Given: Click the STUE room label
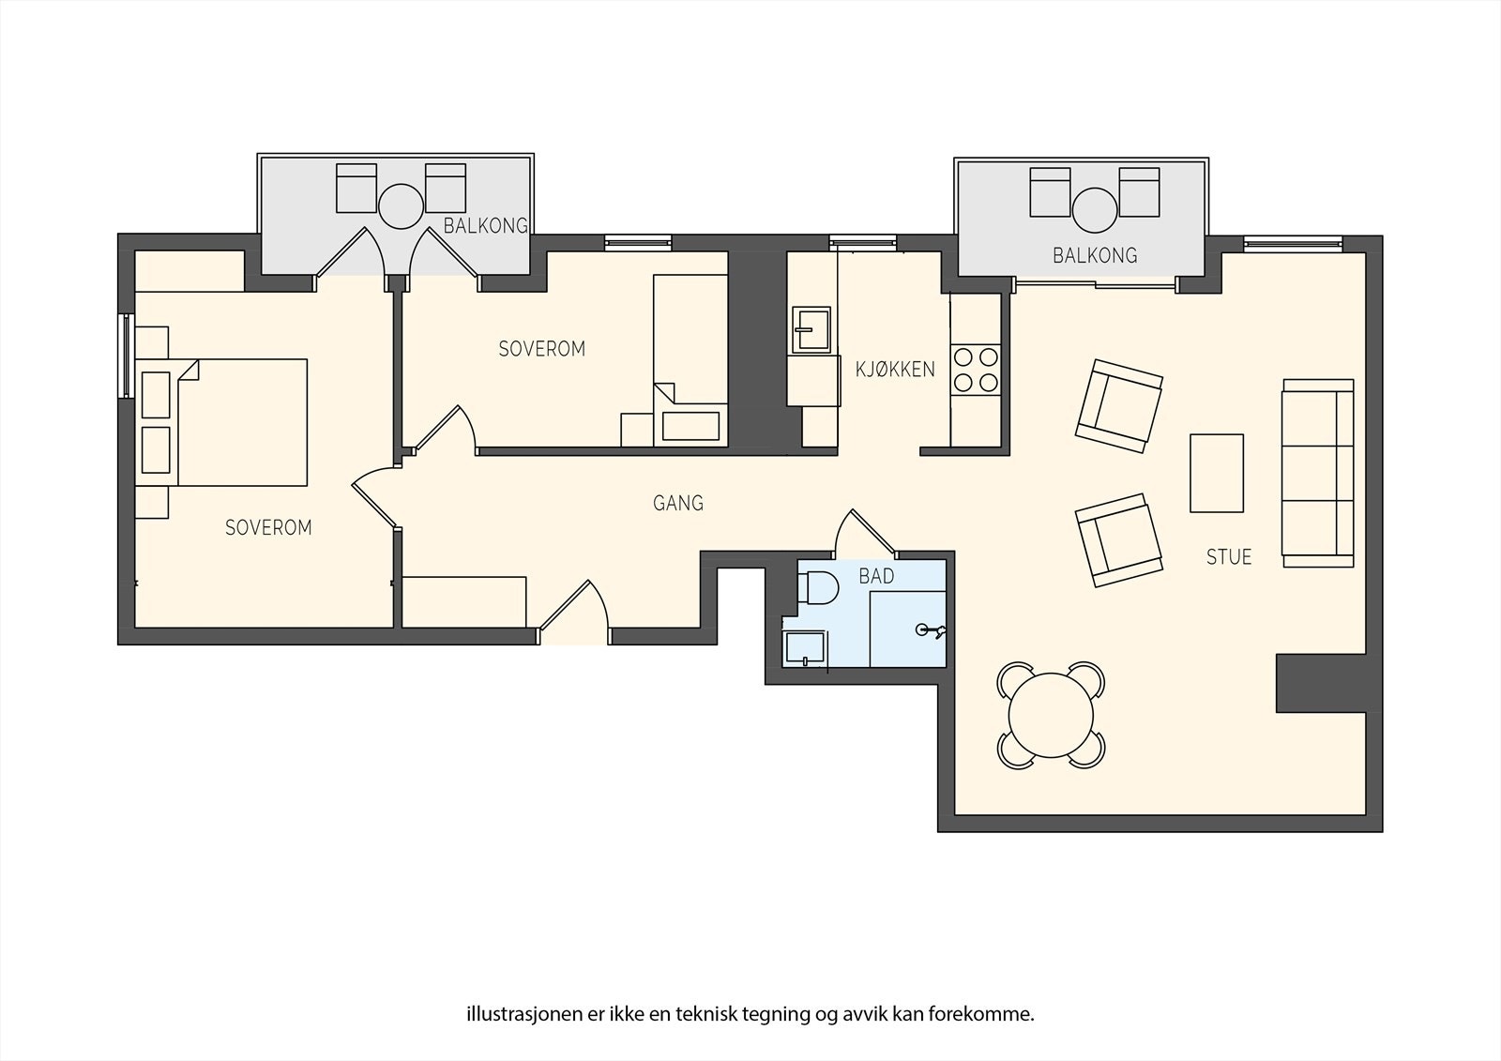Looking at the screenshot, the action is [1229, 557].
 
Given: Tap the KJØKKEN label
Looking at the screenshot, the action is [895, 370].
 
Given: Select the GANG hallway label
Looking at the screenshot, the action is [678, 503].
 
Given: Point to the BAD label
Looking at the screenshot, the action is [876, 576].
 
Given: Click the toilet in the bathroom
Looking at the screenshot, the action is [818, 588].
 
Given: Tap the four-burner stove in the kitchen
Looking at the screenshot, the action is [976, 370].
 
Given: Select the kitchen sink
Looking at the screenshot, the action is [811, 330].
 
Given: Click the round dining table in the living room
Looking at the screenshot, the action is [1051, 715].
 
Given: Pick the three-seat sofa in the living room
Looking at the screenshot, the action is [1317, 473].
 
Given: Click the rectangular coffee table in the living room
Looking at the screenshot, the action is [1217, 473].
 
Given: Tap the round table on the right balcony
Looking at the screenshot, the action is [1095, 210].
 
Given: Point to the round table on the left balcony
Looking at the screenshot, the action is [401, 206].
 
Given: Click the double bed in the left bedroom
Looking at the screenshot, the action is [221, 422].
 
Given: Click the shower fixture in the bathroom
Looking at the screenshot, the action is [931, 630].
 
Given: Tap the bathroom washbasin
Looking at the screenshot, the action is [805, 649].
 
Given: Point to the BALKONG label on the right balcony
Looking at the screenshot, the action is [1095, 255].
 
